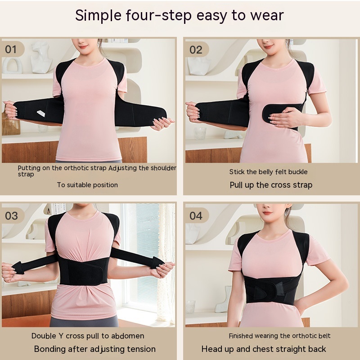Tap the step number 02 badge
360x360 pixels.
click(x=196, y=49)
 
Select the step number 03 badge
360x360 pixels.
click(x=11, y=215)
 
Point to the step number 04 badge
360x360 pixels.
click(x=196, y=216)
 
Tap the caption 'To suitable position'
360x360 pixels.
click(x=87, y=184)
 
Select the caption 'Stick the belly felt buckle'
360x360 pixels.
click(x=268, y=171)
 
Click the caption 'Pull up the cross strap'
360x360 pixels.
click(x=271, y=185)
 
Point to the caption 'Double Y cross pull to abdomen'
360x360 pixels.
click(x=88, y=336)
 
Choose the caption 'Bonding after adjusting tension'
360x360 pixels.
click(x=94, y=349)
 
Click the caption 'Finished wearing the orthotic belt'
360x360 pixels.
click(x=279, y=336)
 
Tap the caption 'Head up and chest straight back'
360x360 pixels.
click(x=264, y=349)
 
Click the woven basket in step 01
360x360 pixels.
click(x=10, y=123)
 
